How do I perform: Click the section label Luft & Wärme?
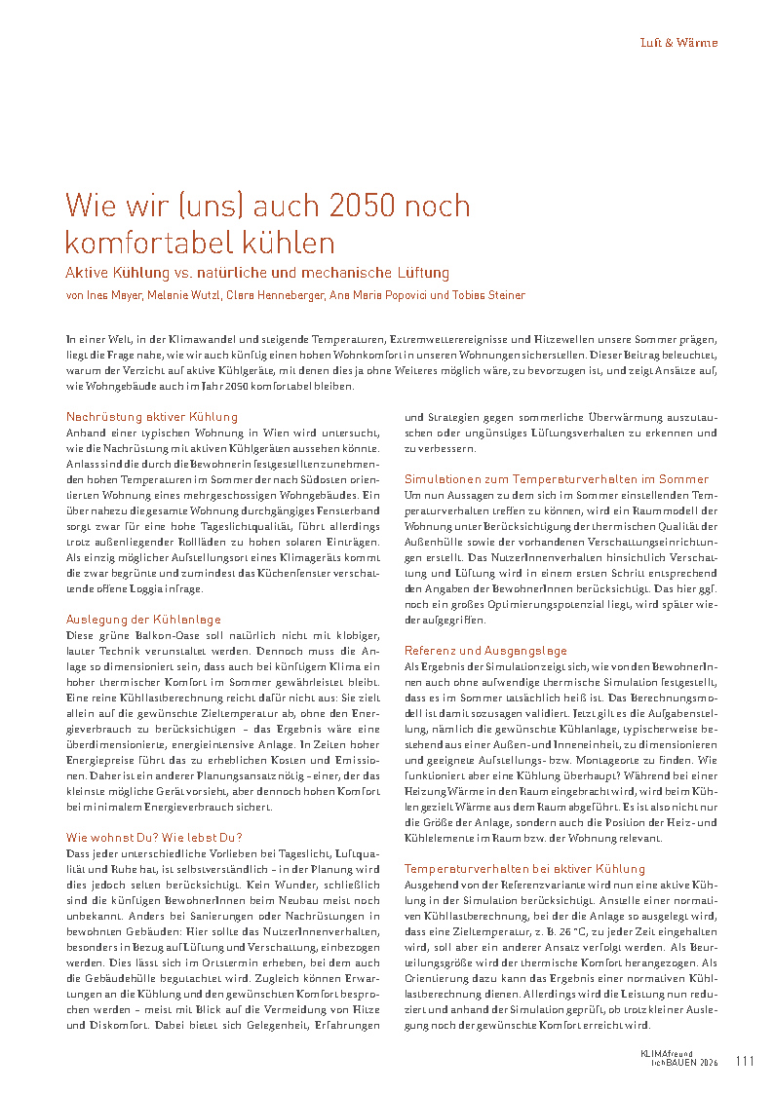click(678, 43)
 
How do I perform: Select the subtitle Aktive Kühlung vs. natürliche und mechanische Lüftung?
click(257, 273)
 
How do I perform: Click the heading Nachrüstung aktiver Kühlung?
click(151, 417)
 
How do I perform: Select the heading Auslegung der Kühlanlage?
click(142, 619)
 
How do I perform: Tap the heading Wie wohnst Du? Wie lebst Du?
click(154, 837)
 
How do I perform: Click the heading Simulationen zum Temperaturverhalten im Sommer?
click(557, 479)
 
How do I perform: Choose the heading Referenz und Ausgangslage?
click(485, 650)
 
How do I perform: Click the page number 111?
click(746, 1061)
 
